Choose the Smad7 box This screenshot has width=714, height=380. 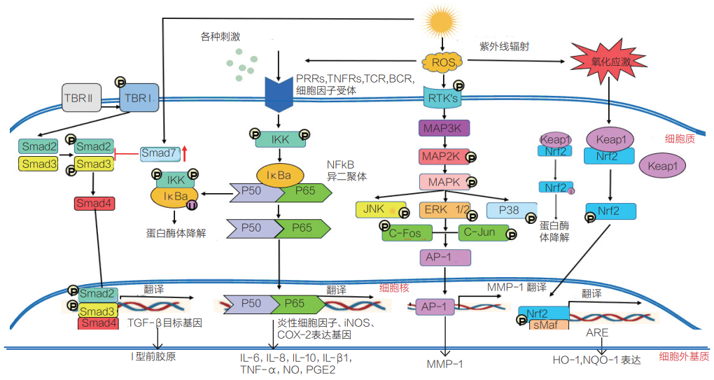160,152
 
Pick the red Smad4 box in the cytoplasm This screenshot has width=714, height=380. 93,204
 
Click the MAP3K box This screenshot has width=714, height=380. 444,128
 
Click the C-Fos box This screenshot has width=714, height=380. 406,232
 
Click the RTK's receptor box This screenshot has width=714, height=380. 442,98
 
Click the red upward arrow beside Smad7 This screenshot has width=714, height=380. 185,151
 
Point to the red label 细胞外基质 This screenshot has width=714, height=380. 682,356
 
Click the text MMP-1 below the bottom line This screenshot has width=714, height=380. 444,364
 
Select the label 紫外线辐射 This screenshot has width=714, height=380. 503,46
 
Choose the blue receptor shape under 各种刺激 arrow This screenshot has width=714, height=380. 279,92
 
